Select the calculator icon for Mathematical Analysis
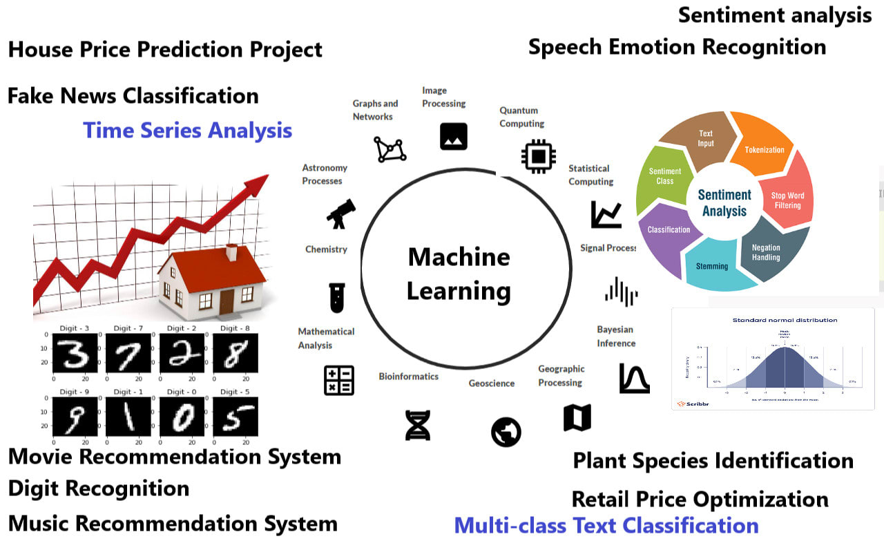tap(339, 380)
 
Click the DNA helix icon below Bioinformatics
tap(417, 424)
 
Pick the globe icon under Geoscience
tap(506, 433)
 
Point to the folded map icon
tap(577, 417)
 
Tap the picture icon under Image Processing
tap(454, 136)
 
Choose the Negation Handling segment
tap(766, 252)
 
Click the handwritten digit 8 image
tap(235, 353)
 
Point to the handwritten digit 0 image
tap(182, 417)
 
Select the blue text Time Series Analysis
tap(187, 130)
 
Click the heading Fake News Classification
tap(133, 95)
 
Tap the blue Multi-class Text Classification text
tap(606, 525)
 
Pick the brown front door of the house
tap(227, 302)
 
